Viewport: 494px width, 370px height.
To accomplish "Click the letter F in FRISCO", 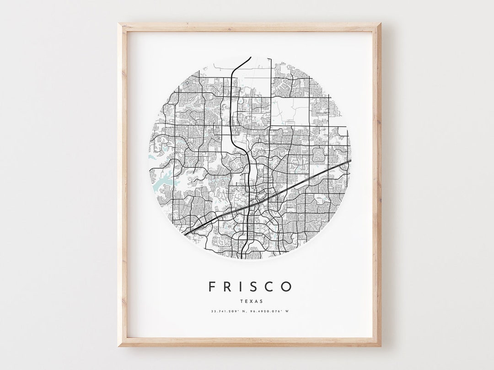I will tap(212, 287).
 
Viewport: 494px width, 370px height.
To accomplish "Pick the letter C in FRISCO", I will tap(269, 287).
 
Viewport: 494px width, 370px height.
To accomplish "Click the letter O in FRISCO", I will tap(286, 287).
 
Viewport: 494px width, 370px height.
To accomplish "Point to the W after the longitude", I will tap(287, 312).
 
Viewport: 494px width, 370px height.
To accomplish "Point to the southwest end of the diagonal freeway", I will tap(185, 234).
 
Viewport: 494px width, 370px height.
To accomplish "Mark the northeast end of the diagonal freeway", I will tap(350, 160).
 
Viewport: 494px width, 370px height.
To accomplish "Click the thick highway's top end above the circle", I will tap(250, 58).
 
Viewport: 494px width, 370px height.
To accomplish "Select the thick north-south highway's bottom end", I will tap(247, 257).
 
